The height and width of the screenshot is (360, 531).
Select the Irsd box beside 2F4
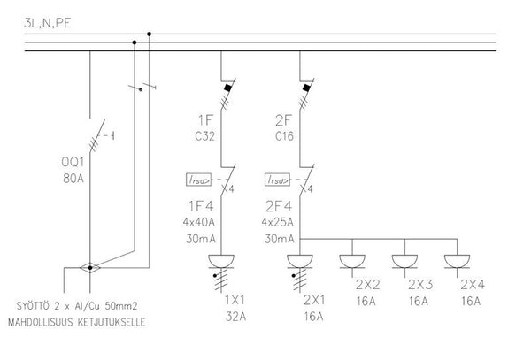pyautogui.click(x=277, y=180)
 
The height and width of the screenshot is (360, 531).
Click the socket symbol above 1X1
pyautogui.click(x=220, y=261)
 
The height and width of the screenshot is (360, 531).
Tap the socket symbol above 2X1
pyautogui.click(x=301, y=261)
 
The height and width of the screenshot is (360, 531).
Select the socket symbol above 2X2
pyautogui.click(x=353, y=261)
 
